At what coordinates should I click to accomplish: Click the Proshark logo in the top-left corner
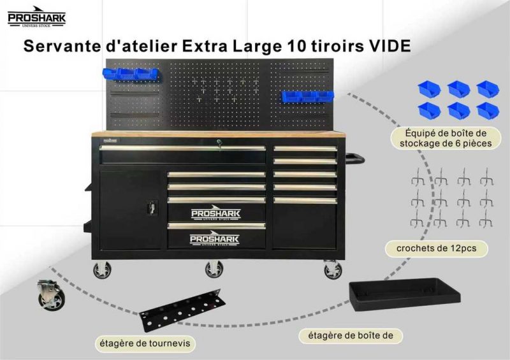point(36,17)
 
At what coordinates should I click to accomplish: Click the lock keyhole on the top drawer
point(219,142)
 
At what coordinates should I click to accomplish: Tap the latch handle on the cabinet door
point(152,207)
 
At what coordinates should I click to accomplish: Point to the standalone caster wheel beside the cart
point(50,295)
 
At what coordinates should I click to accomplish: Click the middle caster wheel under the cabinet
point(214,269)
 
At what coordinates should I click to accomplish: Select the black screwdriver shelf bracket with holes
point(182,310)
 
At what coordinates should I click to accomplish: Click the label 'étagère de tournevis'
point(145,343)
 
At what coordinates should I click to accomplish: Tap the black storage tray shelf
point(405,294)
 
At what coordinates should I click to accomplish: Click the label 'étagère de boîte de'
point(351,335)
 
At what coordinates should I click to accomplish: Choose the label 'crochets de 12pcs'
point(437,248)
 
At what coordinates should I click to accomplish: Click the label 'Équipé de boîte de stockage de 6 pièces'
point(446,138)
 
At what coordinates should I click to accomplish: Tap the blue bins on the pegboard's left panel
point(131,74)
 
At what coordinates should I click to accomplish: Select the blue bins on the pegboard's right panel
point(307,96)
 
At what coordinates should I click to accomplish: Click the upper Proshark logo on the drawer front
point(216,213)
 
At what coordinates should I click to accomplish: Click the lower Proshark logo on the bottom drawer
point(215,238)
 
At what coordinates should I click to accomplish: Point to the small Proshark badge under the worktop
point(110,140)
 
